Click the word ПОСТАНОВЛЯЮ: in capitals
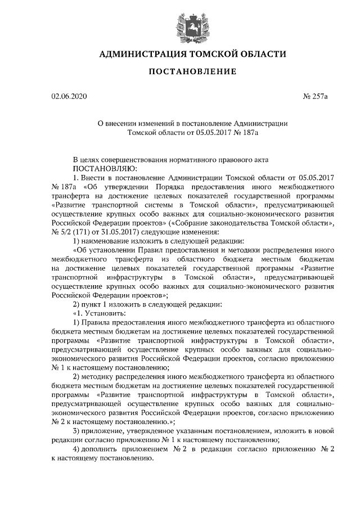[102, 168]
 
